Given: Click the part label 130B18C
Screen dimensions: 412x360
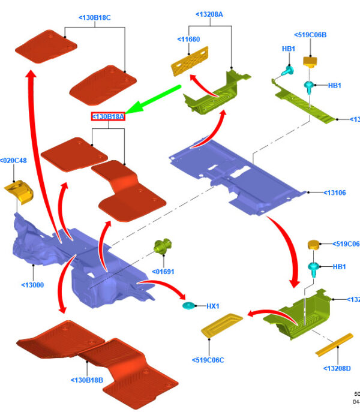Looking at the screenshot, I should [95, 18].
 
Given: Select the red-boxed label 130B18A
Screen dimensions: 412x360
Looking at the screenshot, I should [108, 116].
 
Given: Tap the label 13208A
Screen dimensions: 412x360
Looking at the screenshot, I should [209, 14].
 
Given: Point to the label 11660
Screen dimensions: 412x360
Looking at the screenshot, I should [188, 39].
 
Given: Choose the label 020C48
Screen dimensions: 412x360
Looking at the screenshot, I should [14, 160].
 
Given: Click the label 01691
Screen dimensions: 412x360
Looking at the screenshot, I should [163, 272].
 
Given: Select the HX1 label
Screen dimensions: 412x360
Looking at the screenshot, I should [213, 306].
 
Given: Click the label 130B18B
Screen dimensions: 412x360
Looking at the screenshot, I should [87, 380].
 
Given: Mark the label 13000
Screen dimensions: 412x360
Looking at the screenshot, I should [32, 285].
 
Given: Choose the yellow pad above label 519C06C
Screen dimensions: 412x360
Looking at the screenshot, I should [220, 324].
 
